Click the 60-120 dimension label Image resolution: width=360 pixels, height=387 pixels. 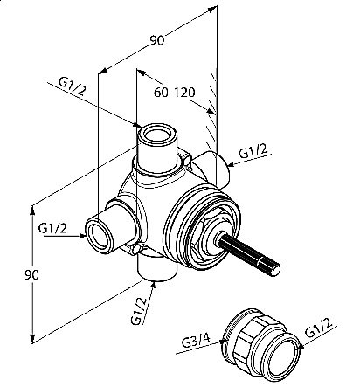pyautogui.click(x=174, y=93)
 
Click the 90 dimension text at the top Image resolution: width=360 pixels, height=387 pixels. pyautogui.click(x=157, y=40)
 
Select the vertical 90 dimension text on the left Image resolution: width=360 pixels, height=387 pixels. pyautogui.click(x=31, y=274)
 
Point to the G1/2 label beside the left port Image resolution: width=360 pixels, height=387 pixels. pyautogui.click(x=52, y=228)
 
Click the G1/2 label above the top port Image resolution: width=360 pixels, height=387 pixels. pyautogui.click(x=73, y=86)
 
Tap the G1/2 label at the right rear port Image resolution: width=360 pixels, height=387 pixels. pyautogui.click(x=253, y=151)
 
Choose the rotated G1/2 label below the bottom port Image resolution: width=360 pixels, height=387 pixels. pyautogui.click(x=139, y=311)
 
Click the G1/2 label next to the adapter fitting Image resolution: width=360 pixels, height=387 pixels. pyautogui.click(x=319, y=328)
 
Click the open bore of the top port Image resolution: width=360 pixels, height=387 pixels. pyautogui.click(x=157, y=135)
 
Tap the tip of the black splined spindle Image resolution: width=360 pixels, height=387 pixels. pyautogui.click(x=274, y=269)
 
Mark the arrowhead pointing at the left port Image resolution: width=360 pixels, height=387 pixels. pyautogui.click(x=82, y=236)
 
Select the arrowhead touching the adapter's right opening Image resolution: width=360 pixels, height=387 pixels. pyautogui.click(x=300, y=347)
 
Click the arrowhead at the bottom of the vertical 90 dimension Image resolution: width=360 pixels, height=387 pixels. pyautogui.click(x=33, y=339)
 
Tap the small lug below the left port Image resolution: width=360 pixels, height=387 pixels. pyautogui.click(x=136, y=249)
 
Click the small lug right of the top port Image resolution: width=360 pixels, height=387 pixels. pyautogui.click(x=188, y=160)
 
